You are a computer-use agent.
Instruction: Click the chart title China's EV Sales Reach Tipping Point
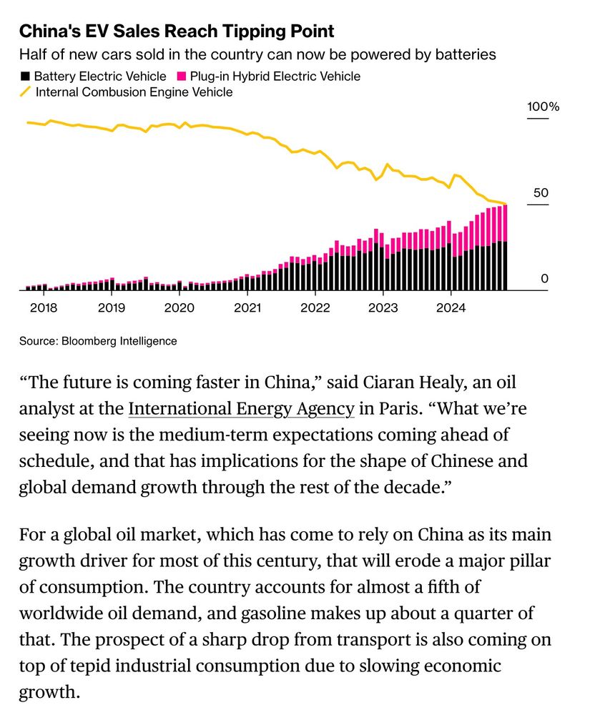(176, 31)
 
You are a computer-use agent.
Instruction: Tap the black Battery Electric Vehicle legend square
(26, 76)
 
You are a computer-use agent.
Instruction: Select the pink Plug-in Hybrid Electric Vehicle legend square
(182, 76)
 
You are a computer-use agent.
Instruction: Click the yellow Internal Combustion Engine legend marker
(26, 92)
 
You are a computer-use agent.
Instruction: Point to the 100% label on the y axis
(543, 107)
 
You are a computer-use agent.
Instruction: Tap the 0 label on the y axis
(544, 279)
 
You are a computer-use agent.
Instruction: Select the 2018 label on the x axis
(43, 308)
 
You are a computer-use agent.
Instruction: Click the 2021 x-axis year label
(247, 308)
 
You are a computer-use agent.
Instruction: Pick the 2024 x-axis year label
(451, 308)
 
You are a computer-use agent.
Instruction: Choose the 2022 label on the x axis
(315, 308)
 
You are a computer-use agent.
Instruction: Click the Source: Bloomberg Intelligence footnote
(98, 341)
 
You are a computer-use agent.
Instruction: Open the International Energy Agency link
(241, 409)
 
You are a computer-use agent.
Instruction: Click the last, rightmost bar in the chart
(505, 247)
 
